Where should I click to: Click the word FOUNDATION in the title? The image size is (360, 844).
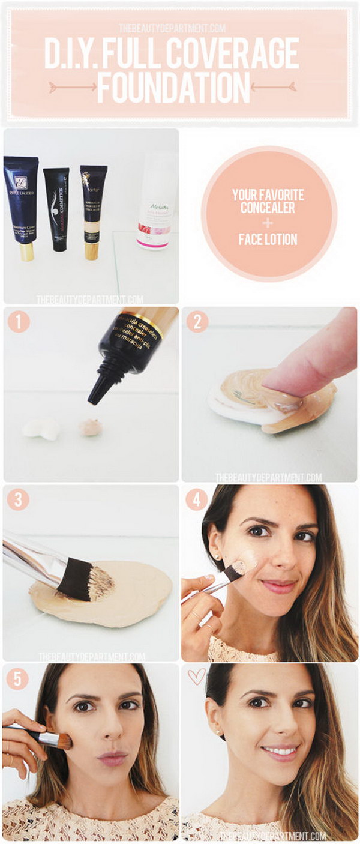tap(173, 88)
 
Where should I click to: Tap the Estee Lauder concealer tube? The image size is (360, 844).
tap(22, 204)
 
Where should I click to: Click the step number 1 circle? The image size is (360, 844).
tap(19, 323)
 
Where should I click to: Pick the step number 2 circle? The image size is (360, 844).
tap(197, 323)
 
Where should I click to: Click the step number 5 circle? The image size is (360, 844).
tap(19, 679)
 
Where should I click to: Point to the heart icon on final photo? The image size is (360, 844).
tap(196, 677)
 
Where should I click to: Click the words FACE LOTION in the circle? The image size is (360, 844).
tap(269, 240)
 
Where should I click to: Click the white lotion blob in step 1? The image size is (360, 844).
tap(41, 429)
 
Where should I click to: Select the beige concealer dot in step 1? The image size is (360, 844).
tap(91, 427)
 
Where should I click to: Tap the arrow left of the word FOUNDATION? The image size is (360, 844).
tap(72, 87)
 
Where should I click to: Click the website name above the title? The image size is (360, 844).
tap(172, 28)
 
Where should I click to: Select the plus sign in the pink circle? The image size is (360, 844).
tap(269, 223)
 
